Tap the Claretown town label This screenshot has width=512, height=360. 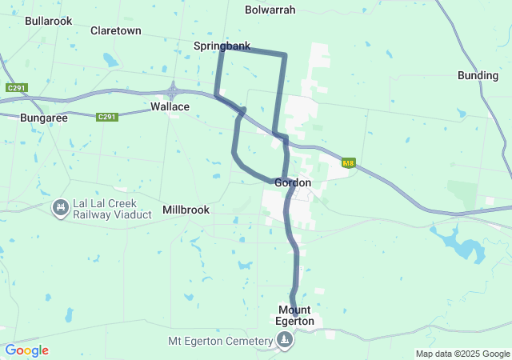point(116,31)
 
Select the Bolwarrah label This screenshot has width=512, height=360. point(270,10)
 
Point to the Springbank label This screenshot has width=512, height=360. point(222,46)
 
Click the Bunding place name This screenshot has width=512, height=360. point(478,75)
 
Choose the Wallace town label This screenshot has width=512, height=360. point(170,106)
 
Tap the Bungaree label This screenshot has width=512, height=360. point(44,117)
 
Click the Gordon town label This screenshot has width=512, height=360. point(292,183)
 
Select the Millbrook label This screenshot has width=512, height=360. point(186,210)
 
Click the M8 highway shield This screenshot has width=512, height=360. point(348,163)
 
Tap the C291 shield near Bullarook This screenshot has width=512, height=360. point(16,87)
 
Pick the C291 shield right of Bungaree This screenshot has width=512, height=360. point(107,117)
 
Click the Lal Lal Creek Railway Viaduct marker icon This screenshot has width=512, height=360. point(59,208)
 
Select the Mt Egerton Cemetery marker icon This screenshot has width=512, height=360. point(285,342)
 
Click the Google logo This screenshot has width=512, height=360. point(26,350)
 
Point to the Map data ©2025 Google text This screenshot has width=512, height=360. point(462,354)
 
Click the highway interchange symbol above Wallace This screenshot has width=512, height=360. point(172,90)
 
